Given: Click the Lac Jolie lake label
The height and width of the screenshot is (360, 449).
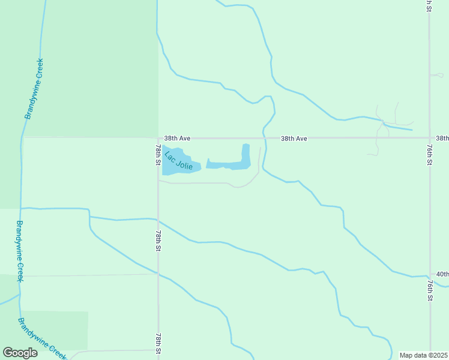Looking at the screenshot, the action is coord(178,160).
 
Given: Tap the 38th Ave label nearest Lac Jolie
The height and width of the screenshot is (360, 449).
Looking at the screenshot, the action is coord(177,139).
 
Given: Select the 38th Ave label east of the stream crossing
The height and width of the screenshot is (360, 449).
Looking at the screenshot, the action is coord(294,139).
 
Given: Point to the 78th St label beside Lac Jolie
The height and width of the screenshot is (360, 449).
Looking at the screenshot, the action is coord(158,155).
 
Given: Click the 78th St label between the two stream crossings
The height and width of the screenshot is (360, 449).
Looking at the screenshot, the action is coord(158,240).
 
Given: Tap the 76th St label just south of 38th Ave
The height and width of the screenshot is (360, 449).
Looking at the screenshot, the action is coord(430,154).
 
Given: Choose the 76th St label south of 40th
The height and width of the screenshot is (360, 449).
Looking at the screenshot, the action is coord(430,289).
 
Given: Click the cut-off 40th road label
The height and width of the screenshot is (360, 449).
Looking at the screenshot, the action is coord(442,274).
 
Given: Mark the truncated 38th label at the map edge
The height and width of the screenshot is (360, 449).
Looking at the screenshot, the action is coord(442,139).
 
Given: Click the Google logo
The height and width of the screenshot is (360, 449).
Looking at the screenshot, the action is coord(20,353).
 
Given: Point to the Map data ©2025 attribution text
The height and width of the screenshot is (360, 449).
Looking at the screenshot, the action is coord(423,355).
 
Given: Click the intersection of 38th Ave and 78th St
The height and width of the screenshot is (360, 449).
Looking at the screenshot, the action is coord(158,138).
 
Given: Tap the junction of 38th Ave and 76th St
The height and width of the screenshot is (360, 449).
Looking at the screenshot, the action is coord(430,137).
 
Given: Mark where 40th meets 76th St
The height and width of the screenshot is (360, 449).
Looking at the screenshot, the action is coord(430,275).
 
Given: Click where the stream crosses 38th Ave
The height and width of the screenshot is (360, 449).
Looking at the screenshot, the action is coord(264,138).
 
